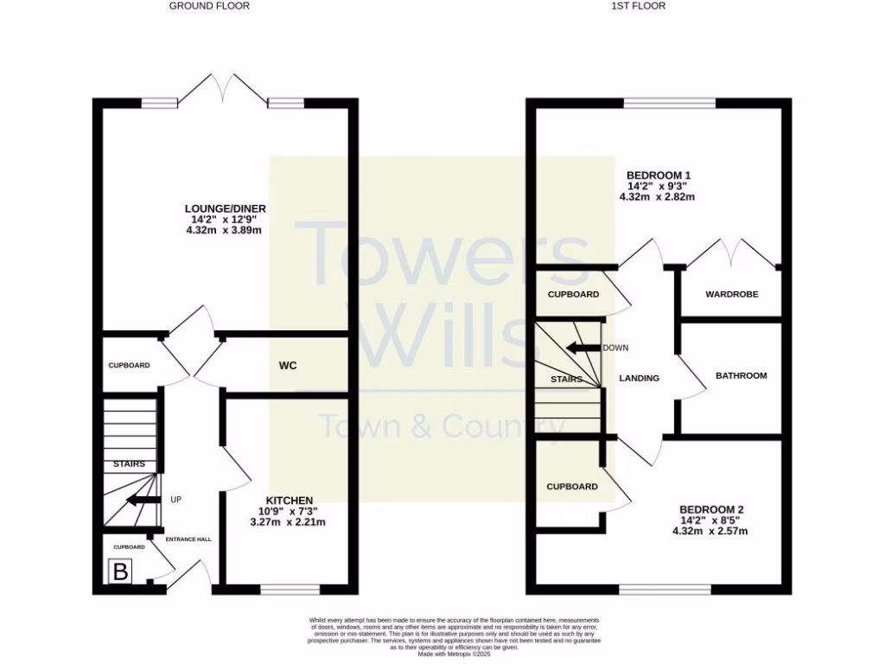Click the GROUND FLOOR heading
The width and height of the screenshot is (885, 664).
click(209, 6)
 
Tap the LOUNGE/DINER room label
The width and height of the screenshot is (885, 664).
click(226, 208)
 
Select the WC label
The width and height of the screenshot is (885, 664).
click(288, 366)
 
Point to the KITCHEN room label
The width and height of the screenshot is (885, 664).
click(289, 501)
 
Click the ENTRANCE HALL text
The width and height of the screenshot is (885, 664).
click(188, 539)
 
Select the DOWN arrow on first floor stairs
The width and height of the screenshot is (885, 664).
click(584, 348)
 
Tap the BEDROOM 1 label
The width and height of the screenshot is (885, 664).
click(658, 176)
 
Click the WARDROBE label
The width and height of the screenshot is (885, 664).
click(731, 295)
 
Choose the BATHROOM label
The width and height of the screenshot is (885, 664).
click(741, 376)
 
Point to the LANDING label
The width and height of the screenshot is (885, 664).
click(640, 379)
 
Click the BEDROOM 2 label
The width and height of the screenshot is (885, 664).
click(710, 509)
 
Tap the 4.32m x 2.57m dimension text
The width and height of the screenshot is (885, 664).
click(710, 532)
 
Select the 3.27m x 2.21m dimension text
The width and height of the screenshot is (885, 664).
click(288, 522)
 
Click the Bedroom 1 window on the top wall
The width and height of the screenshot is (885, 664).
click(670, 104)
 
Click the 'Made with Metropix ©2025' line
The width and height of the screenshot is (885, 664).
click(454, 654)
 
